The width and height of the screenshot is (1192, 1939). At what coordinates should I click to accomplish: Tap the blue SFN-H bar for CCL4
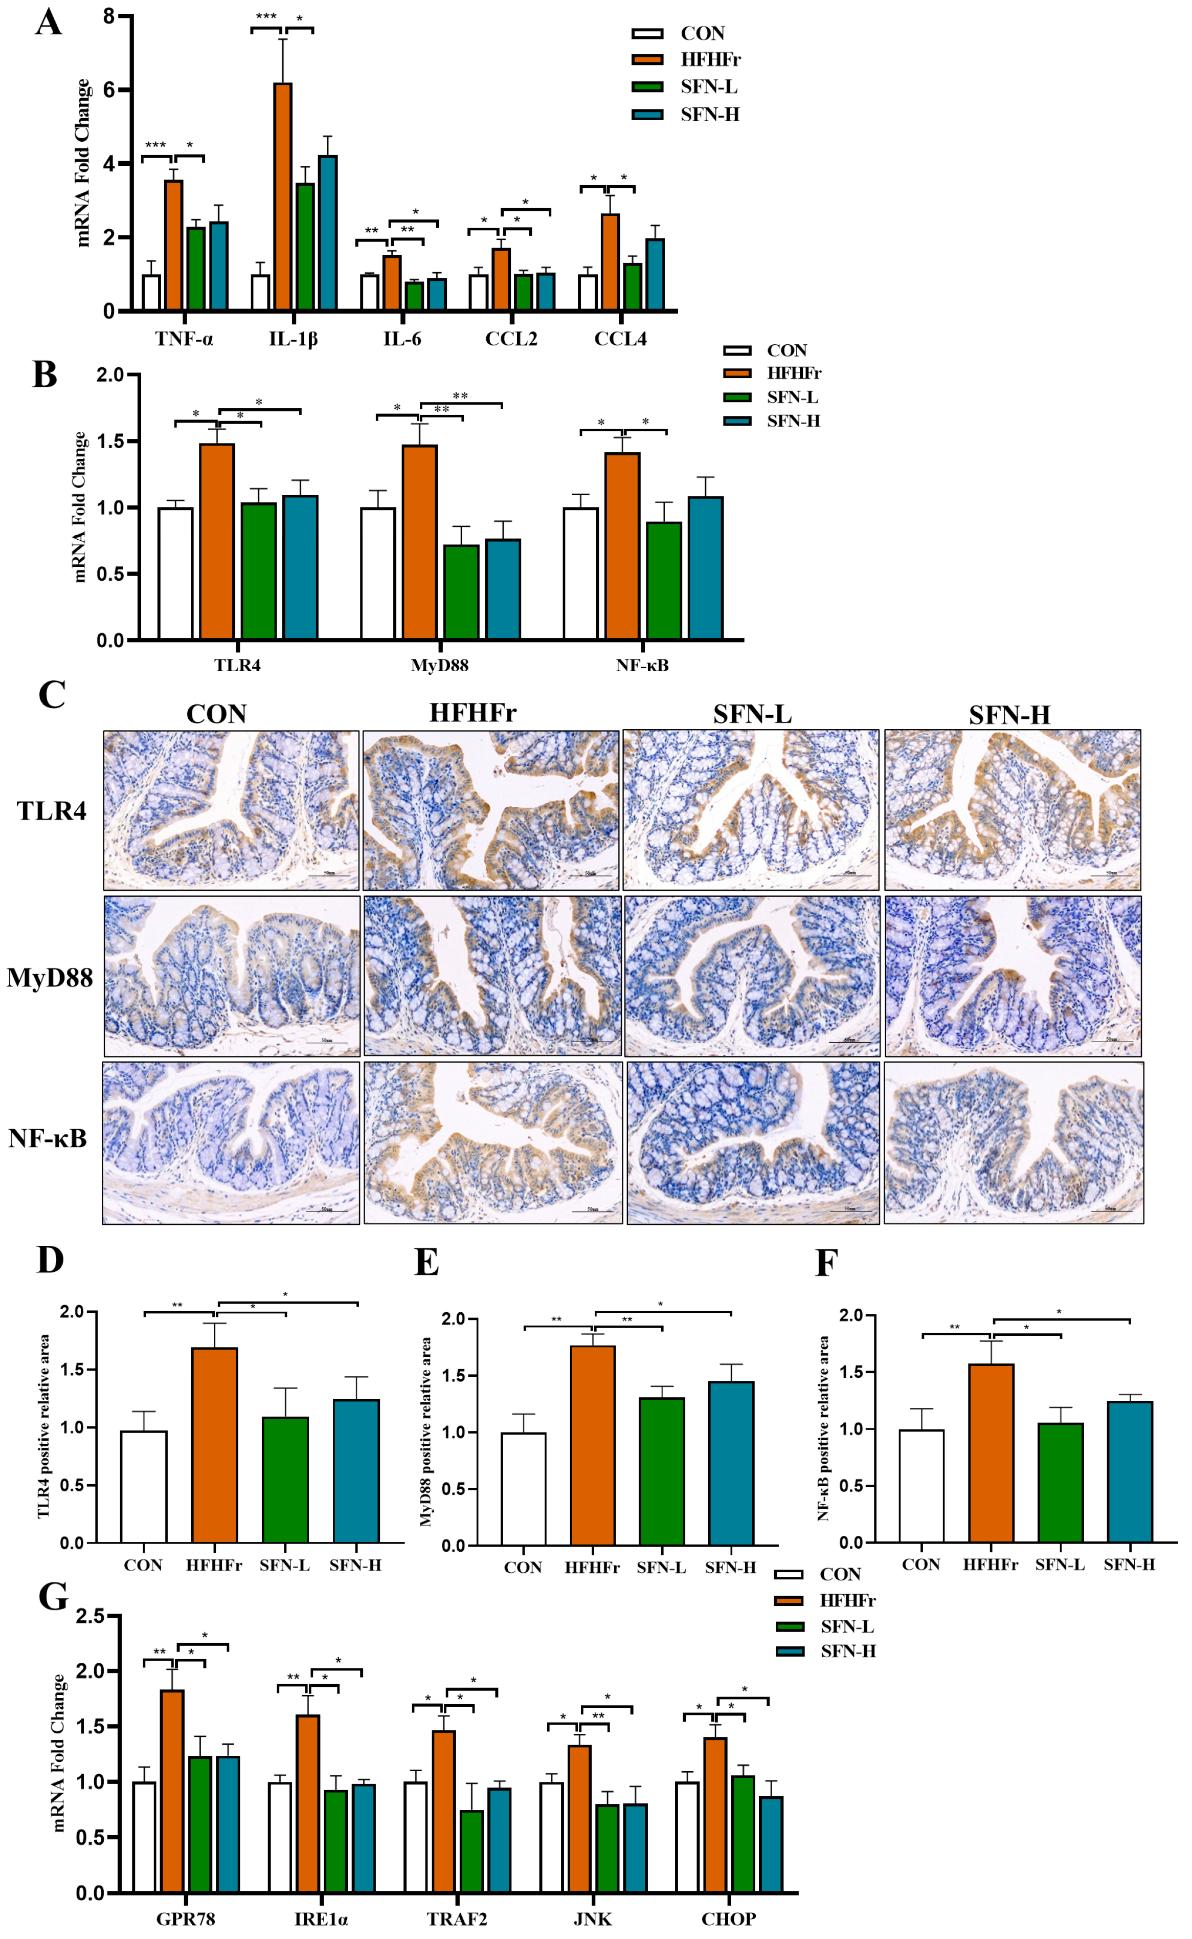[x=655, y=274]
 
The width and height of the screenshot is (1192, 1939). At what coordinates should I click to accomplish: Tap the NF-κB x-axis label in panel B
[x=642, y=666]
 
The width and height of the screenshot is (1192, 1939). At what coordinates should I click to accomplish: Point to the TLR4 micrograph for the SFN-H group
[x=1013, y=810]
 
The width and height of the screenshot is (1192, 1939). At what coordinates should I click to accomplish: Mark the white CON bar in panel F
[x=921, y=1486]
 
